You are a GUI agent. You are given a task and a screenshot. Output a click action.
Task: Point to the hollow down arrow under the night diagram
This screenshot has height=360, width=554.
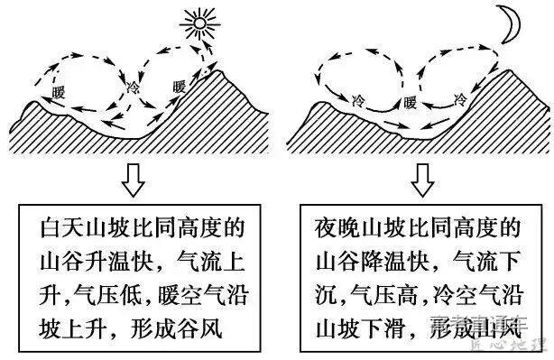[420, 180]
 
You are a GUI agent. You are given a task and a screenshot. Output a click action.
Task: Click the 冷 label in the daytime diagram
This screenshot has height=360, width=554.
[134, 88]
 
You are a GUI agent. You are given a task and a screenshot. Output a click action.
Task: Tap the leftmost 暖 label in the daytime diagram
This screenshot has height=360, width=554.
[60, 93]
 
